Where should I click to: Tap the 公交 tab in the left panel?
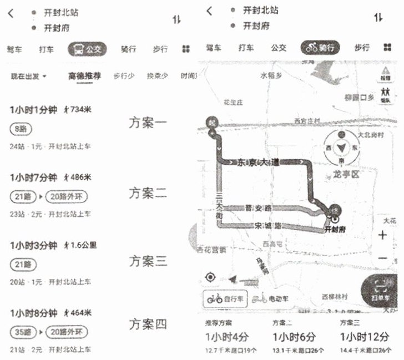coord(87,49)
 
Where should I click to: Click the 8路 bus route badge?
coord(21,129)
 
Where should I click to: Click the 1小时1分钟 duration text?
coord(33,110)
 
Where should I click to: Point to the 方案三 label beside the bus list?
coord(148,260)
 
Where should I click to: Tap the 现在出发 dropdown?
coord(29,76)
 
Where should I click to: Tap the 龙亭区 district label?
coord(347,175)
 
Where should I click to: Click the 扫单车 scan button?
coord(383,292)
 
